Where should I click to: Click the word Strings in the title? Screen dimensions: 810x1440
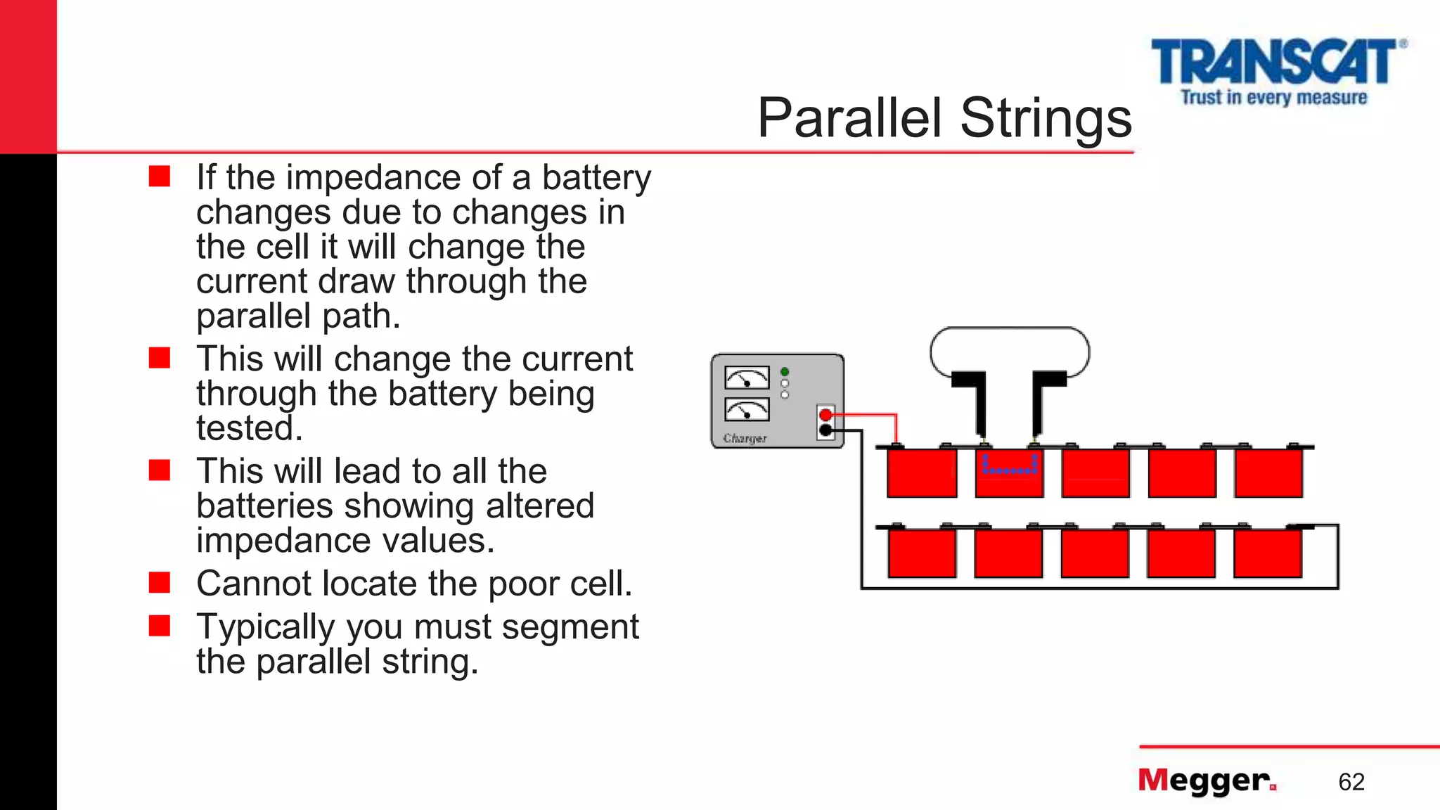click(x=1046, y=118)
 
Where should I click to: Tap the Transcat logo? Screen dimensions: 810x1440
click(x=1276, y=70)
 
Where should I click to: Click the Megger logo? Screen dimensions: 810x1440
click(x=1207, y=780)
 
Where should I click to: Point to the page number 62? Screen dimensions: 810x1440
click(x=1351, y=782)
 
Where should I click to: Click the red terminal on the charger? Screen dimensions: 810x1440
click(x=826, y=415)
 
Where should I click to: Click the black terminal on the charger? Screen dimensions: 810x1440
click(x=826, y=430)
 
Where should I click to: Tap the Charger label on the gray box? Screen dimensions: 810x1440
click(x=745, y=438)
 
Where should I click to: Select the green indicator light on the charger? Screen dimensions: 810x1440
click(x=785, y=372)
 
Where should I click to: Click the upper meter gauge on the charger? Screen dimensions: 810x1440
click(x=747, y=378)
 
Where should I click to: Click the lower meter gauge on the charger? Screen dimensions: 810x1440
click(x=747, y=409)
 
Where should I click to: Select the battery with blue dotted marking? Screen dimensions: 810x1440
click(x=1009, y=473)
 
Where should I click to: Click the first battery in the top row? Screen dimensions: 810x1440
click(x=921, y=473)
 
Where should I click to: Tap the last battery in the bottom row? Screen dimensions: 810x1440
click(x=1268, y=553)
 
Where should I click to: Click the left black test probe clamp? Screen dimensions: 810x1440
click(x=974, y=401)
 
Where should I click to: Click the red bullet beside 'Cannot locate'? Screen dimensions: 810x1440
click(x=160, y=582)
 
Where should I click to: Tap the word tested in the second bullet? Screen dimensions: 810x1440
click(x=249, y=428)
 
